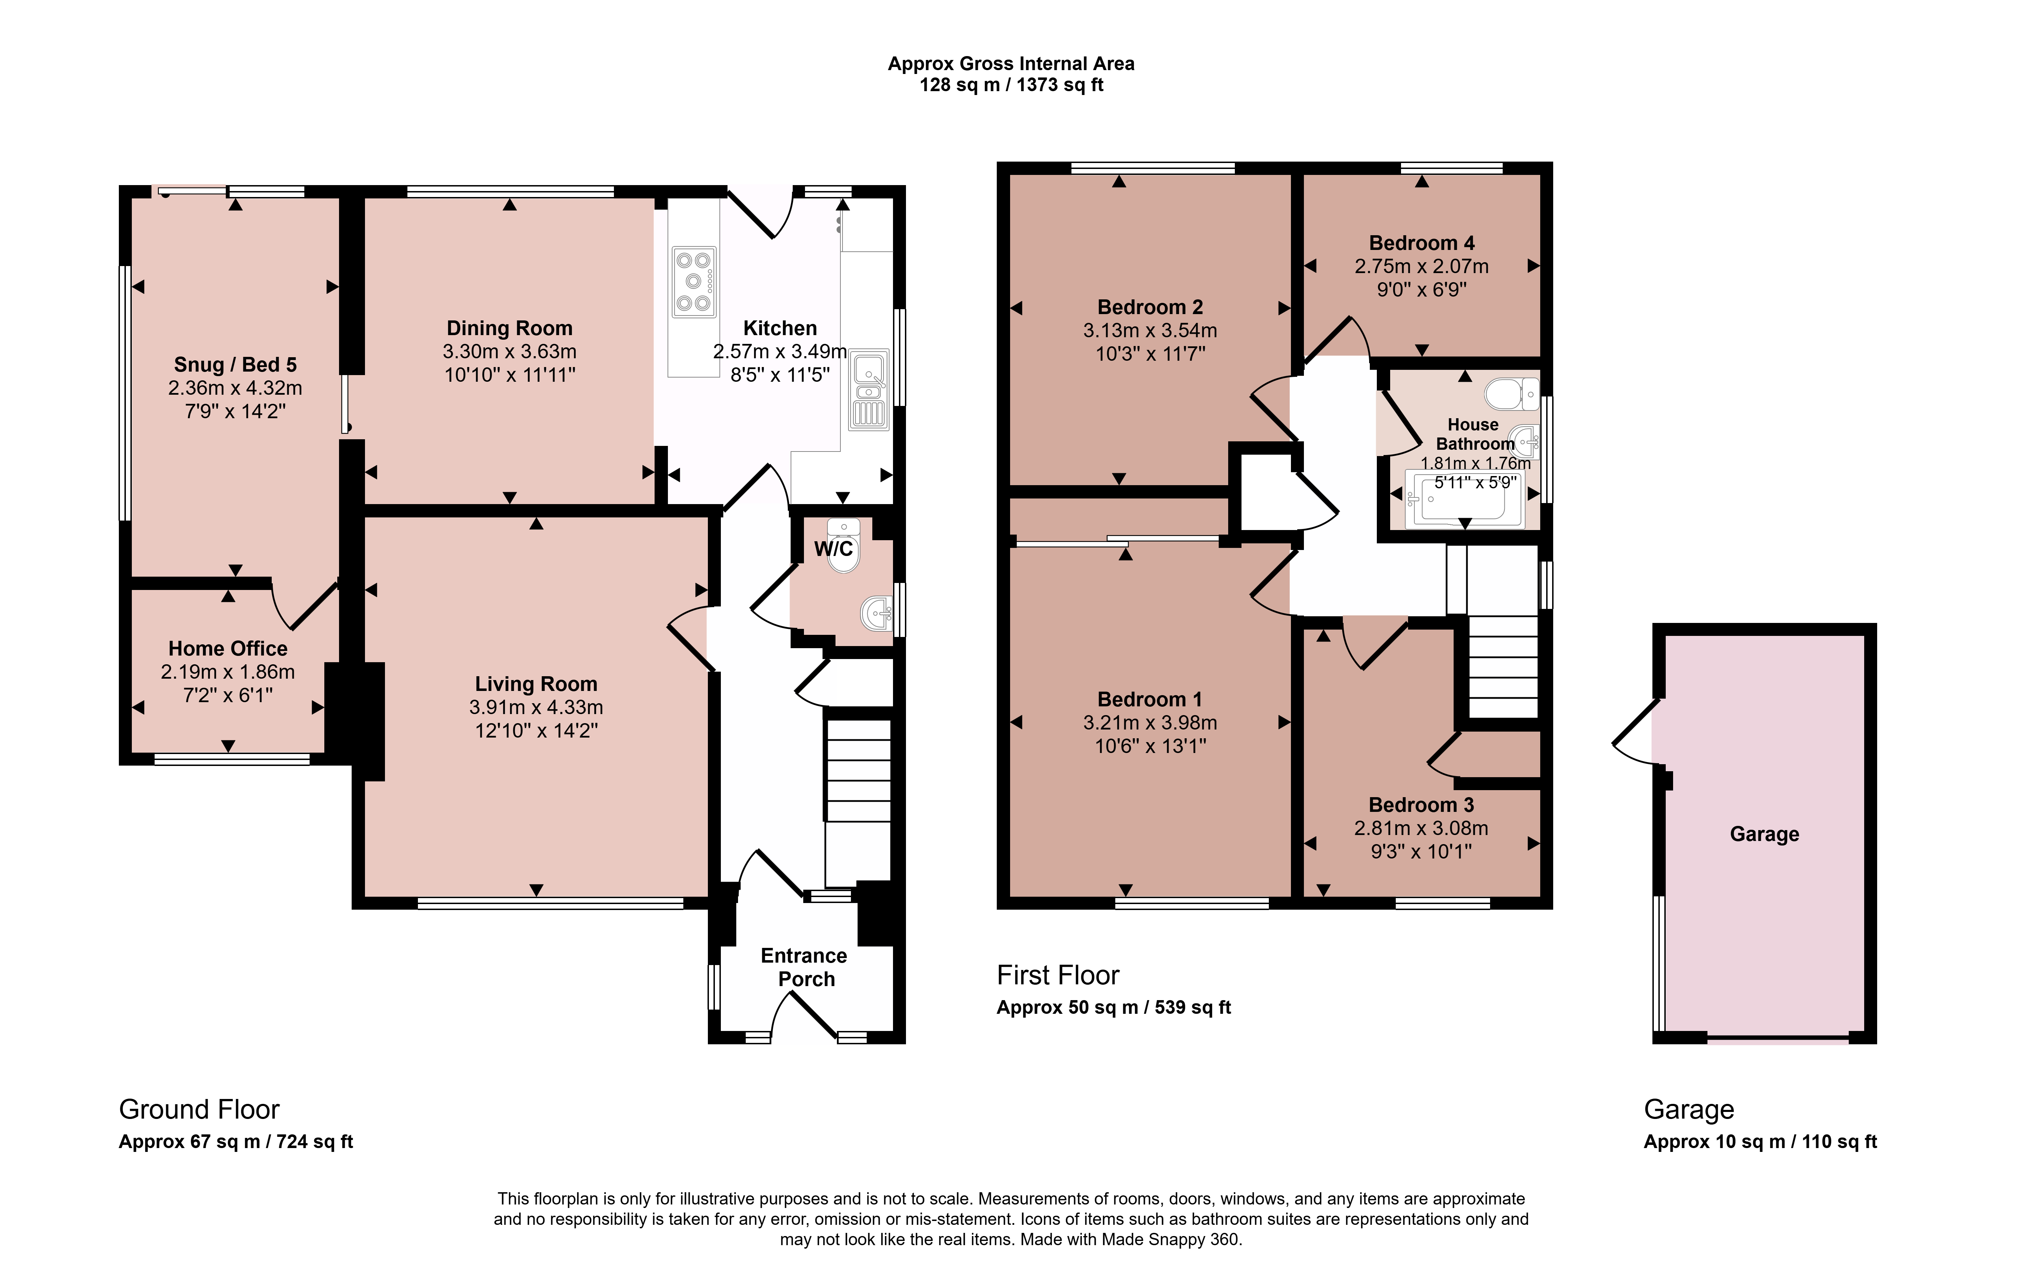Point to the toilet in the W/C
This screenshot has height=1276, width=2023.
coord(844,546)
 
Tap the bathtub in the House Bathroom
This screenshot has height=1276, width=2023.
coord(1464,499)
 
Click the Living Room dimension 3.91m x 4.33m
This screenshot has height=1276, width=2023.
coord(536,707)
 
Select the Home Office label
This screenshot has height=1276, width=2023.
coord(228,649)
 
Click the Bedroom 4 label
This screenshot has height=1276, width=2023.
coord(1421,243)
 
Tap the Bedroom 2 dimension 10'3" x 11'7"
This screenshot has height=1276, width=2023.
coord(1150,354)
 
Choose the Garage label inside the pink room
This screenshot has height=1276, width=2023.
coord(1764,834)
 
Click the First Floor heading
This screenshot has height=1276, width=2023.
coord(1058,975)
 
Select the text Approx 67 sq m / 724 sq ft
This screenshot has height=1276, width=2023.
coord(236,1142)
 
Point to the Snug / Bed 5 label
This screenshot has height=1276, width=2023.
coord(235,365)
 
